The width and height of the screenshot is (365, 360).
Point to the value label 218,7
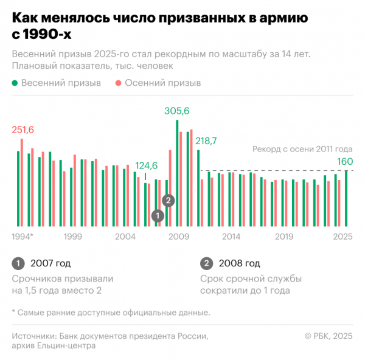click(206, 140)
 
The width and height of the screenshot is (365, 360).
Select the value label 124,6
click(146, 165)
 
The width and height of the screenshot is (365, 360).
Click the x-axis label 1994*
click(23, 237)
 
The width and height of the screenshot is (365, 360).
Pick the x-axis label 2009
click(178, 237)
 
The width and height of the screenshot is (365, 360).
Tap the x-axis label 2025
click(343, 237)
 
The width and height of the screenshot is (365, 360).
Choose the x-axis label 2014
click(231, 237)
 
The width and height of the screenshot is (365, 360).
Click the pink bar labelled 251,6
click(22, 182)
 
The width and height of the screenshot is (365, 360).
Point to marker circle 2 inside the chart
click(169, 200)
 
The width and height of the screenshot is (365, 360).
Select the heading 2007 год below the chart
click(50, 263)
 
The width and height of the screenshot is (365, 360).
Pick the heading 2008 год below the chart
click(240, 263)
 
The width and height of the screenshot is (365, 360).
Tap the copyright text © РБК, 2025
click(328, 335)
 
